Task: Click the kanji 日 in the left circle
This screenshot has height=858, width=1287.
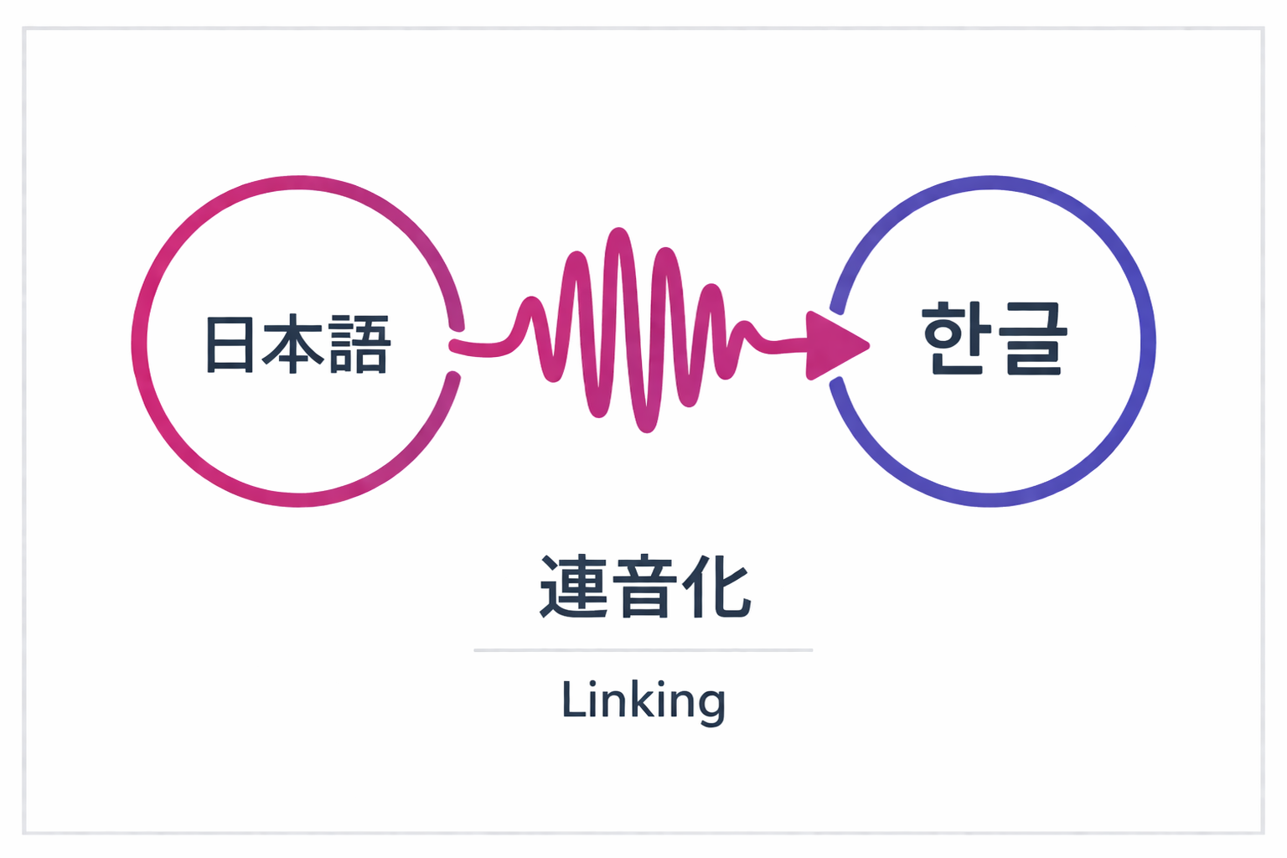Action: [x=230, y=344]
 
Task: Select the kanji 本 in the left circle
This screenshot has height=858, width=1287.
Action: [x=293, y=344]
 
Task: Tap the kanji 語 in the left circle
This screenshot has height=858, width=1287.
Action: [x=359, y=344]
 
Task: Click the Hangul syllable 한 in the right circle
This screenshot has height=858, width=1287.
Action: [x=956, y=338]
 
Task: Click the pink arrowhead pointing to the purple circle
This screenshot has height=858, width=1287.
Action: [x=835, y=345]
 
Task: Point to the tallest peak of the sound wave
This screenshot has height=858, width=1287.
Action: [x=618, y=234]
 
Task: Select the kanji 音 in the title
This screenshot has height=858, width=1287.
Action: [x=644, y=587]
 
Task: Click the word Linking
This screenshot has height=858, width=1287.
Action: [x=643, y=700]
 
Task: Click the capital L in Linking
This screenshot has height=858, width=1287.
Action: [x=573, y=699]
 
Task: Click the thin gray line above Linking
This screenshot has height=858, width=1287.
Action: [x=643, y=649]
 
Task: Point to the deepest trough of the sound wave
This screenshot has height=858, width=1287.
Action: [x=646, y=426]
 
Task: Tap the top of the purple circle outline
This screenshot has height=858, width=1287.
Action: [x=990, y=183]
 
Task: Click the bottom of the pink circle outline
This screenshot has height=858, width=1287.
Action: [x=299, y=499]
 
